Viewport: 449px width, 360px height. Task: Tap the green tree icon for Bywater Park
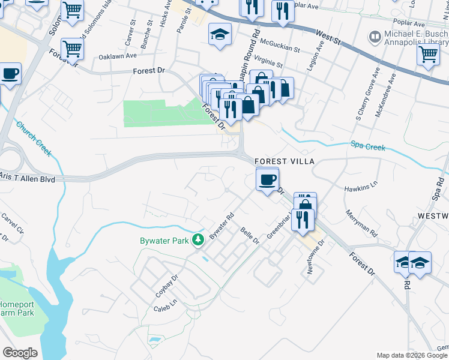coord(198,240)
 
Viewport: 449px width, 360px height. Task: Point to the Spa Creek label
coord(367,145)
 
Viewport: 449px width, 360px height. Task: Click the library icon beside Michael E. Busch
coord(375,37)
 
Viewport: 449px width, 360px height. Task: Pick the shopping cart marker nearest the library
coord(428,54)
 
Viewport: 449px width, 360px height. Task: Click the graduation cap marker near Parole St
coord(220,34)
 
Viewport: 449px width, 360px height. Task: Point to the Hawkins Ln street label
coord(361,188)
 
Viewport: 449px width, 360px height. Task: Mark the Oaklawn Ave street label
coord(106,57)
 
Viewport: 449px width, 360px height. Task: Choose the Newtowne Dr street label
coord(315,256)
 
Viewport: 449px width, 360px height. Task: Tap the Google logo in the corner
coord(20,352)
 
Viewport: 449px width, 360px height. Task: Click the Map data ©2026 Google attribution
coord(412,355)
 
